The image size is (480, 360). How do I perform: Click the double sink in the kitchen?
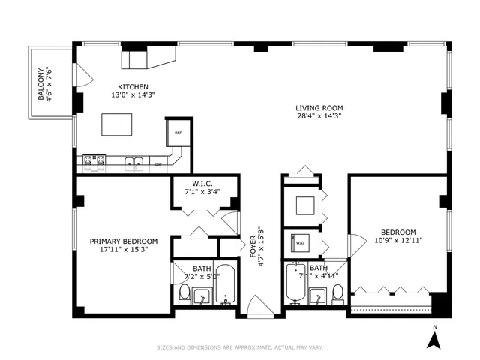135,160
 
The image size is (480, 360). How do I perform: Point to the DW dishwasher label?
158,163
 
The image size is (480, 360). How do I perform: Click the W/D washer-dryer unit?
298,243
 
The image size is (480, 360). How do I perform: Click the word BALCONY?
43,84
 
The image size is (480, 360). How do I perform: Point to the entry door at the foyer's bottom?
259,305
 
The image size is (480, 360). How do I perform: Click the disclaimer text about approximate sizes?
240,347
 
